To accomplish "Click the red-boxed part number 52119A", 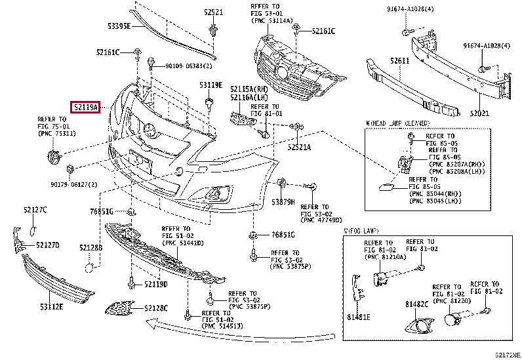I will [85, 107].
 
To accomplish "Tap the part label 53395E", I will [120, 26].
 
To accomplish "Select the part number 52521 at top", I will [213, 12].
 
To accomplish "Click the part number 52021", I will [479, 113].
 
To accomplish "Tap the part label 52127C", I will [35, 210].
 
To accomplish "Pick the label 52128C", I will [156, 308].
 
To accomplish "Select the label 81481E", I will [359, 318].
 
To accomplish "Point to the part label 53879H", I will [283, 201].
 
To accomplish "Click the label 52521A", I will [299, 147].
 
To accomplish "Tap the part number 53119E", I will [211, 85].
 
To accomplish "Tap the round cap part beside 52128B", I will [90, 266].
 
